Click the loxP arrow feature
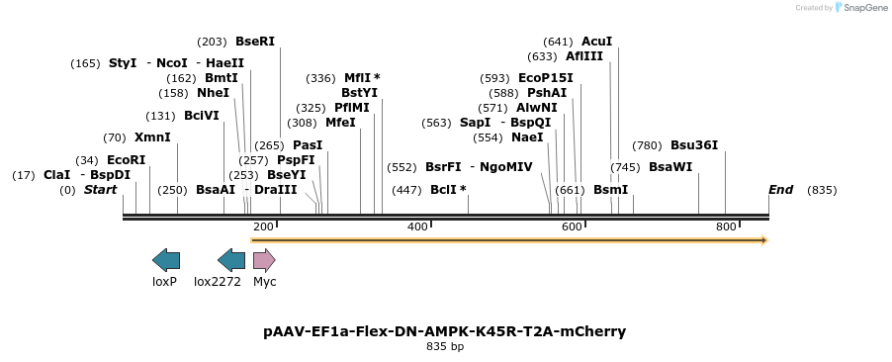pos(165,260)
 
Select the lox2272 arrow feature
pos(230,260)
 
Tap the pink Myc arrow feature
pos(264,260)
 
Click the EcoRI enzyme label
pos(126,160)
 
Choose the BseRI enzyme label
pos(255,42)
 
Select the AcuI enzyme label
pos(596,42)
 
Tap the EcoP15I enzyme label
pos(545,78)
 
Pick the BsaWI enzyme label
pos(670,167)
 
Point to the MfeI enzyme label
pos(340,123)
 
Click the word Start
pos(100,190)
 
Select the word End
pos(780,190)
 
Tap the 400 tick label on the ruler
pos(417,226)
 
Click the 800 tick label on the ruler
pos(726,226)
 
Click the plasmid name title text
pos(445,331)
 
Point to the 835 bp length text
pos(445,347)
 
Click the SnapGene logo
pos(857,8)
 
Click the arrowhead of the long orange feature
pos(763,239)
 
